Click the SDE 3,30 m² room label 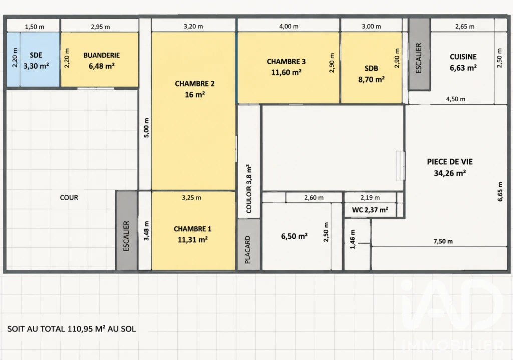(36, 61)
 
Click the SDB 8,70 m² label (371, 74)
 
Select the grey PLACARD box (248, 244)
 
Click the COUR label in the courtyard (69, 198)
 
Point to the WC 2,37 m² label (370, 210)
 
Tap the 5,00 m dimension (146, 128)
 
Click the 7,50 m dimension (443, 241)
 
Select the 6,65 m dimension (500, 192)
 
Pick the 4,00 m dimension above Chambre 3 (289, 26)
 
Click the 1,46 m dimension (352, 239)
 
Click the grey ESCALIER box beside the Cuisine (419, 54)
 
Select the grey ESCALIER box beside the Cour (127, 230)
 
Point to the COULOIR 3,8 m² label (249, 189)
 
